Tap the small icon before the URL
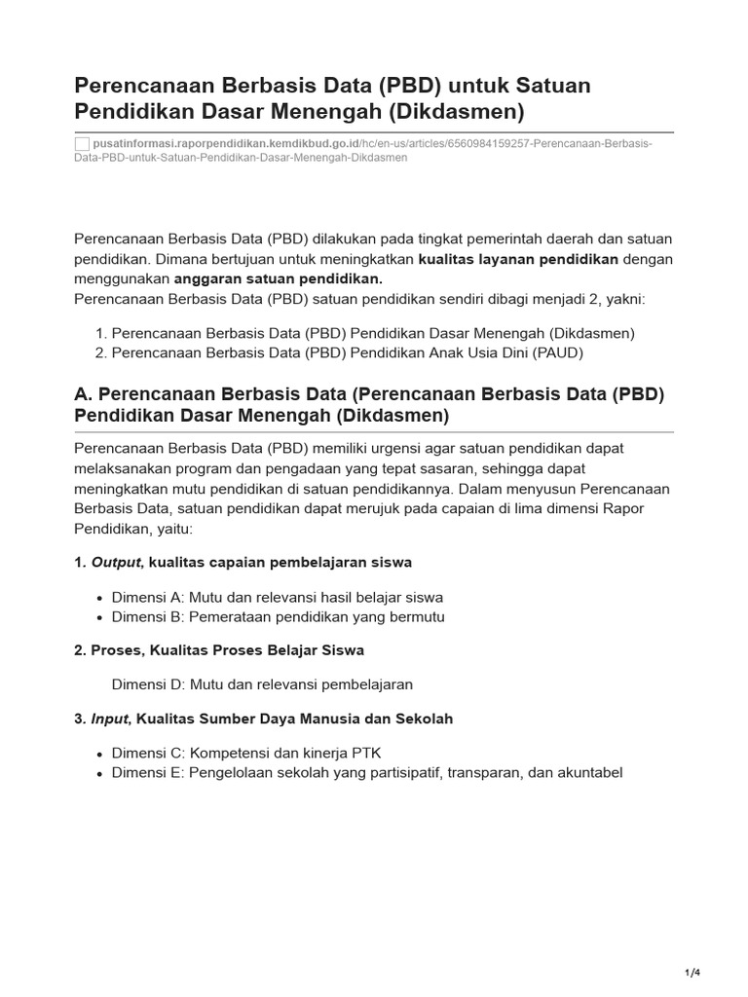[82, 144]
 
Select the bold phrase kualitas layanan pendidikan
[518, 259]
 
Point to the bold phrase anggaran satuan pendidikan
[278, 279]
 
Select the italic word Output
[116, 562]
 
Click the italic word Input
[109, 719]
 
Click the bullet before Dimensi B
[100, 617]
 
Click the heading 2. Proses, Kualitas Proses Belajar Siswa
[219, 649]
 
